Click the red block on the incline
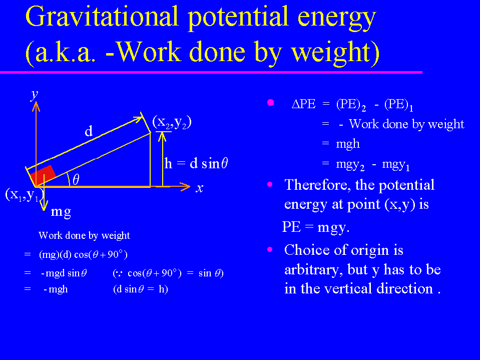[43, 175]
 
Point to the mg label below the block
[61, 212]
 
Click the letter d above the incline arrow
[89, 131]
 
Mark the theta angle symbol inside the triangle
[76, 179]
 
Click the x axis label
[200, 188]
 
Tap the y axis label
[35, 95]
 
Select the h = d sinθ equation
[196, 163]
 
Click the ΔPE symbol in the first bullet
[303, 104]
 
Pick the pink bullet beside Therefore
[270, 184]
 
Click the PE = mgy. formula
[316, 227]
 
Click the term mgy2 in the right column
[350, 165]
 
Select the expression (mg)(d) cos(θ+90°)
[83, 254]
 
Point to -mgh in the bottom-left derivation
[56, 289]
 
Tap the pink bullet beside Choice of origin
[270, 249]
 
